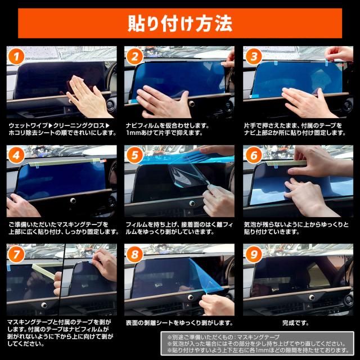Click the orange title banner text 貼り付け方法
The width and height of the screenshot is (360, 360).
(180, 24)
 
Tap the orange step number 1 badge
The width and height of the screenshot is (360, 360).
(16, 56)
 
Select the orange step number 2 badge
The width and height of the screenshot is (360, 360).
(134, 56)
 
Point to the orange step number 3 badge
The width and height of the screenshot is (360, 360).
(254, 56)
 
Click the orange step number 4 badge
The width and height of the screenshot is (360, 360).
(16, 155)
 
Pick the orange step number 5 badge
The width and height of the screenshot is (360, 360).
(134, 155)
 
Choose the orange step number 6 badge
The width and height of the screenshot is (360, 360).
(254, 155)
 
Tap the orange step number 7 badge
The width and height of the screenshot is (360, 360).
(16, 254)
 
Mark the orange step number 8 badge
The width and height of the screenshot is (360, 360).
(134, 254)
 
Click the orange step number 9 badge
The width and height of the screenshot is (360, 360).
(254, 254)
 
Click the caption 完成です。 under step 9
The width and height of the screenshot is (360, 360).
(295, 323)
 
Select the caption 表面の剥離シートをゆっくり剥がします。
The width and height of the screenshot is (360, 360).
(179, 323)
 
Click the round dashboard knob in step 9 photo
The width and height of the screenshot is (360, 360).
(312, 298)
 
